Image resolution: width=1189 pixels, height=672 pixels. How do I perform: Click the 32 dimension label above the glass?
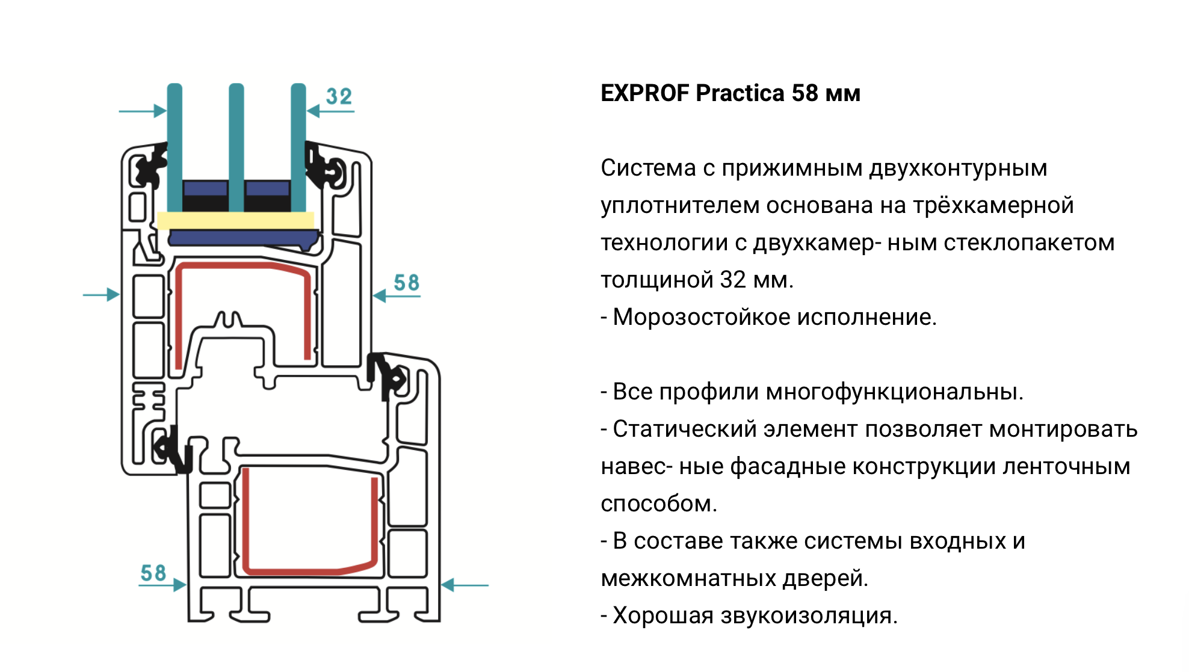click(339, 96)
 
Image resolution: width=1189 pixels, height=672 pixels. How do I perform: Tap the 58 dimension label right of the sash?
click(407, 283)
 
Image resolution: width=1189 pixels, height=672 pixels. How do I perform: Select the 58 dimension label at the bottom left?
click(153, 573)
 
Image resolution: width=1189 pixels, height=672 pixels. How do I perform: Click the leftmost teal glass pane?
click(174, 148)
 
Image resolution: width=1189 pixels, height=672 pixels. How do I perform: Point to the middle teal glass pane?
click(236, 148)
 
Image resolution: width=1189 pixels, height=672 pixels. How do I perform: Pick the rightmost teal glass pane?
click(298, 148)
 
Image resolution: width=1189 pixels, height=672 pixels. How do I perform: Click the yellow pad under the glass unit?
click(236, 220)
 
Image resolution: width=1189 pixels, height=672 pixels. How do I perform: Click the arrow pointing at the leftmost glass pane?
click(143, 111)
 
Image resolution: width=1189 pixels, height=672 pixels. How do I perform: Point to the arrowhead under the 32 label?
click(313, 111)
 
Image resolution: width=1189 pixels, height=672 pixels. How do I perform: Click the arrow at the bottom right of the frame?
click(465, 585)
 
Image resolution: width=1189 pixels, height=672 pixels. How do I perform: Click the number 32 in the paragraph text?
click(733, 280)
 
